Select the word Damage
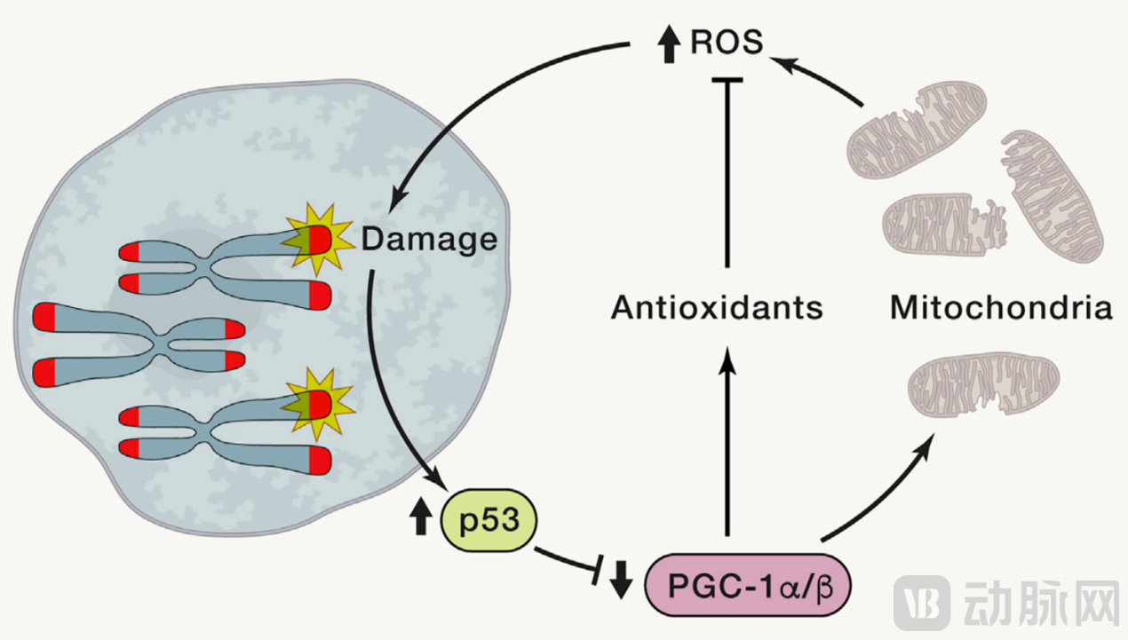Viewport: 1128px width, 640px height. pyautogui.click(x=429, y=239)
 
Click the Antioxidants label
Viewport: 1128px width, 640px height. pyautogui.click(x=717, y=309)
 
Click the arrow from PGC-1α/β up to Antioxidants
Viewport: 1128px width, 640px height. pyautogui.click(x=727, y=444)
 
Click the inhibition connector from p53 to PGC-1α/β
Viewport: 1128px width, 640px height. pyautogui.click(x=568, y=559)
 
